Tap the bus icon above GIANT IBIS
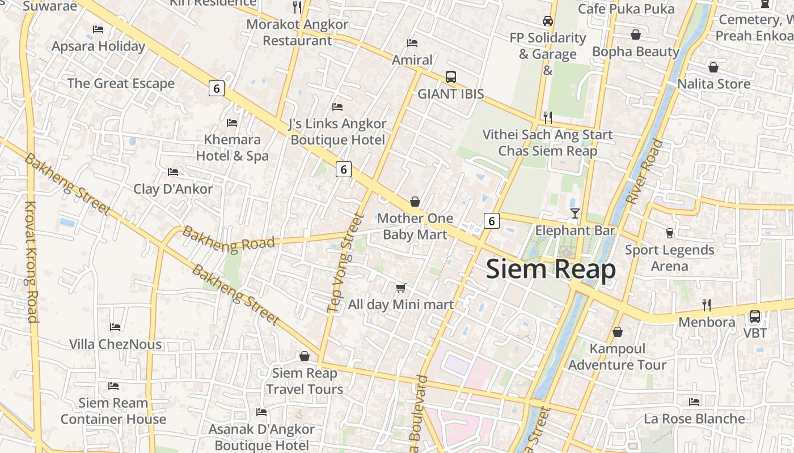451,77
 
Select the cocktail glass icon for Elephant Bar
575,213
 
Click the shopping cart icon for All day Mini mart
401,288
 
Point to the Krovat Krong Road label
31,262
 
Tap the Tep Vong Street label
345,263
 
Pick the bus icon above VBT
755,317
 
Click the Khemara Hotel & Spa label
232,148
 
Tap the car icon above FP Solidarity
547,21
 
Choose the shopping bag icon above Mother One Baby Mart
415,202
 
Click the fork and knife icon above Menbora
707,305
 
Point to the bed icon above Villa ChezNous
115,327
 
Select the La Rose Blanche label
694,419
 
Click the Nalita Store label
713,84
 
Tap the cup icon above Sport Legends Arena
669,233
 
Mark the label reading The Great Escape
121,84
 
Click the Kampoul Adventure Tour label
617,357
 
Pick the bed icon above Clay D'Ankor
173,172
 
